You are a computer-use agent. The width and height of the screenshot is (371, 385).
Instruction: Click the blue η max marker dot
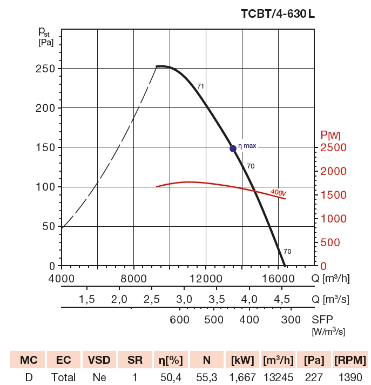pyautogui.click(x=233, y=148)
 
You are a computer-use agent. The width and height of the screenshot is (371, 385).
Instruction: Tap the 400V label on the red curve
pyautogui.click(x=278, y=192)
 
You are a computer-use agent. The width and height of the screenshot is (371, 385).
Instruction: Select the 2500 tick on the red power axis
pyautogui.click(x=333, y=147)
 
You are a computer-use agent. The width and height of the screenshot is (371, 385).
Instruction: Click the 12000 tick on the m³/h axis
pyautogui.click(x=206, y=278)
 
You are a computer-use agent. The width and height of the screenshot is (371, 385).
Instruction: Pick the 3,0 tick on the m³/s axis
pyautogui.click(x=185, y=299)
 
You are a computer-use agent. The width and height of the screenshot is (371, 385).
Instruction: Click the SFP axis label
pyautogui.click(x=323, y=319)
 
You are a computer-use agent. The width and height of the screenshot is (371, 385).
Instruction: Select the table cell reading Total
pyautogui.click(x=63, y=377)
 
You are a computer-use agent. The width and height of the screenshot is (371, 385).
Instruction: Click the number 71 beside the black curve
pyautogui.click(x=200, y=86)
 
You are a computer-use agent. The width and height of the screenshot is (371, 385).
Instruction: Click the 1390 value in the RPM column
pyautogui.click(x=350, y=377)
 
